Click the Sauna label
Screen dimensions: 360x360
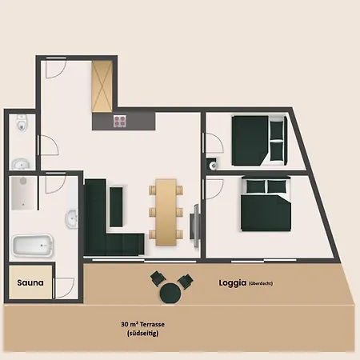pyautogui.click(x=30, y=282)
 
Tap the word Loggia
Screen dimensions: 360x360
pyautogui.click(x=232, y=283)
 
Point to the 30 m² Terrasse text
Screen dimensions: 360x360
pyautogui.click(x=142, y=324)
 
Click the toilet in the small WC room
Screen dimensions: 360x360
pyautogui.click(x=21, y=122)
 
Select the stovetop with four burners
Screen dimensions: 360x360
pyautogui.click(x=119, y=121)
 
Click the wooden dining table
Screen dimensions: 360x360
pyautogui.click(x=166, y=212)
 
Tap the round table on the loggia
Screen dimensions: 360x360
pyautogui.click(x=170, y=293)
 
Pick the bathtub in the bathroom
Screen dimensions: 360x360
pyautogui.click(x=33, y=246)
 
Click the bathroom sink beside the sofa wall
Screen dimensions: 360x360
pyautogui.click(x=72, y=218)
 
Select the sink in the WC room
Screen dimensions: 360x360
pyautogui.click(x=21, y=164)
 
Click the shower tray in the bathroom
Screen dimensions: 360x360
pyautogui.click(x=23, y=193)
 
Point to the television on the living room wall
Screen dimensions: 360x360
pyautogui.click(x=195, y=226)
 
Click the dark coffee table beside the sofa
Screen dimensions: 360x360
pyautogui.click(x=116, y=207)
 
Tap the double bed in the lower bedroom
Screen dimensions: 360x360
pyautogui.click(x=266, y=204)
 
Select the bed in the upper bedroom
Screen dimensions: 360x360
pyautogui.click(x=259, y=141)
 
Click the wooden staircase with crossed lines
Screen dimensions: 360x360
pyautogui.click(x=102, y=86)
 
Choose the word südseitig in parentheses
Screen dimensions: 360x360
pyautogui.click(x=143, y=334)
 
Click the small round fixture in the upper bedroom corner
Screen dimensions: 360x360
pyautogui.click(x=213, y=166)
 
